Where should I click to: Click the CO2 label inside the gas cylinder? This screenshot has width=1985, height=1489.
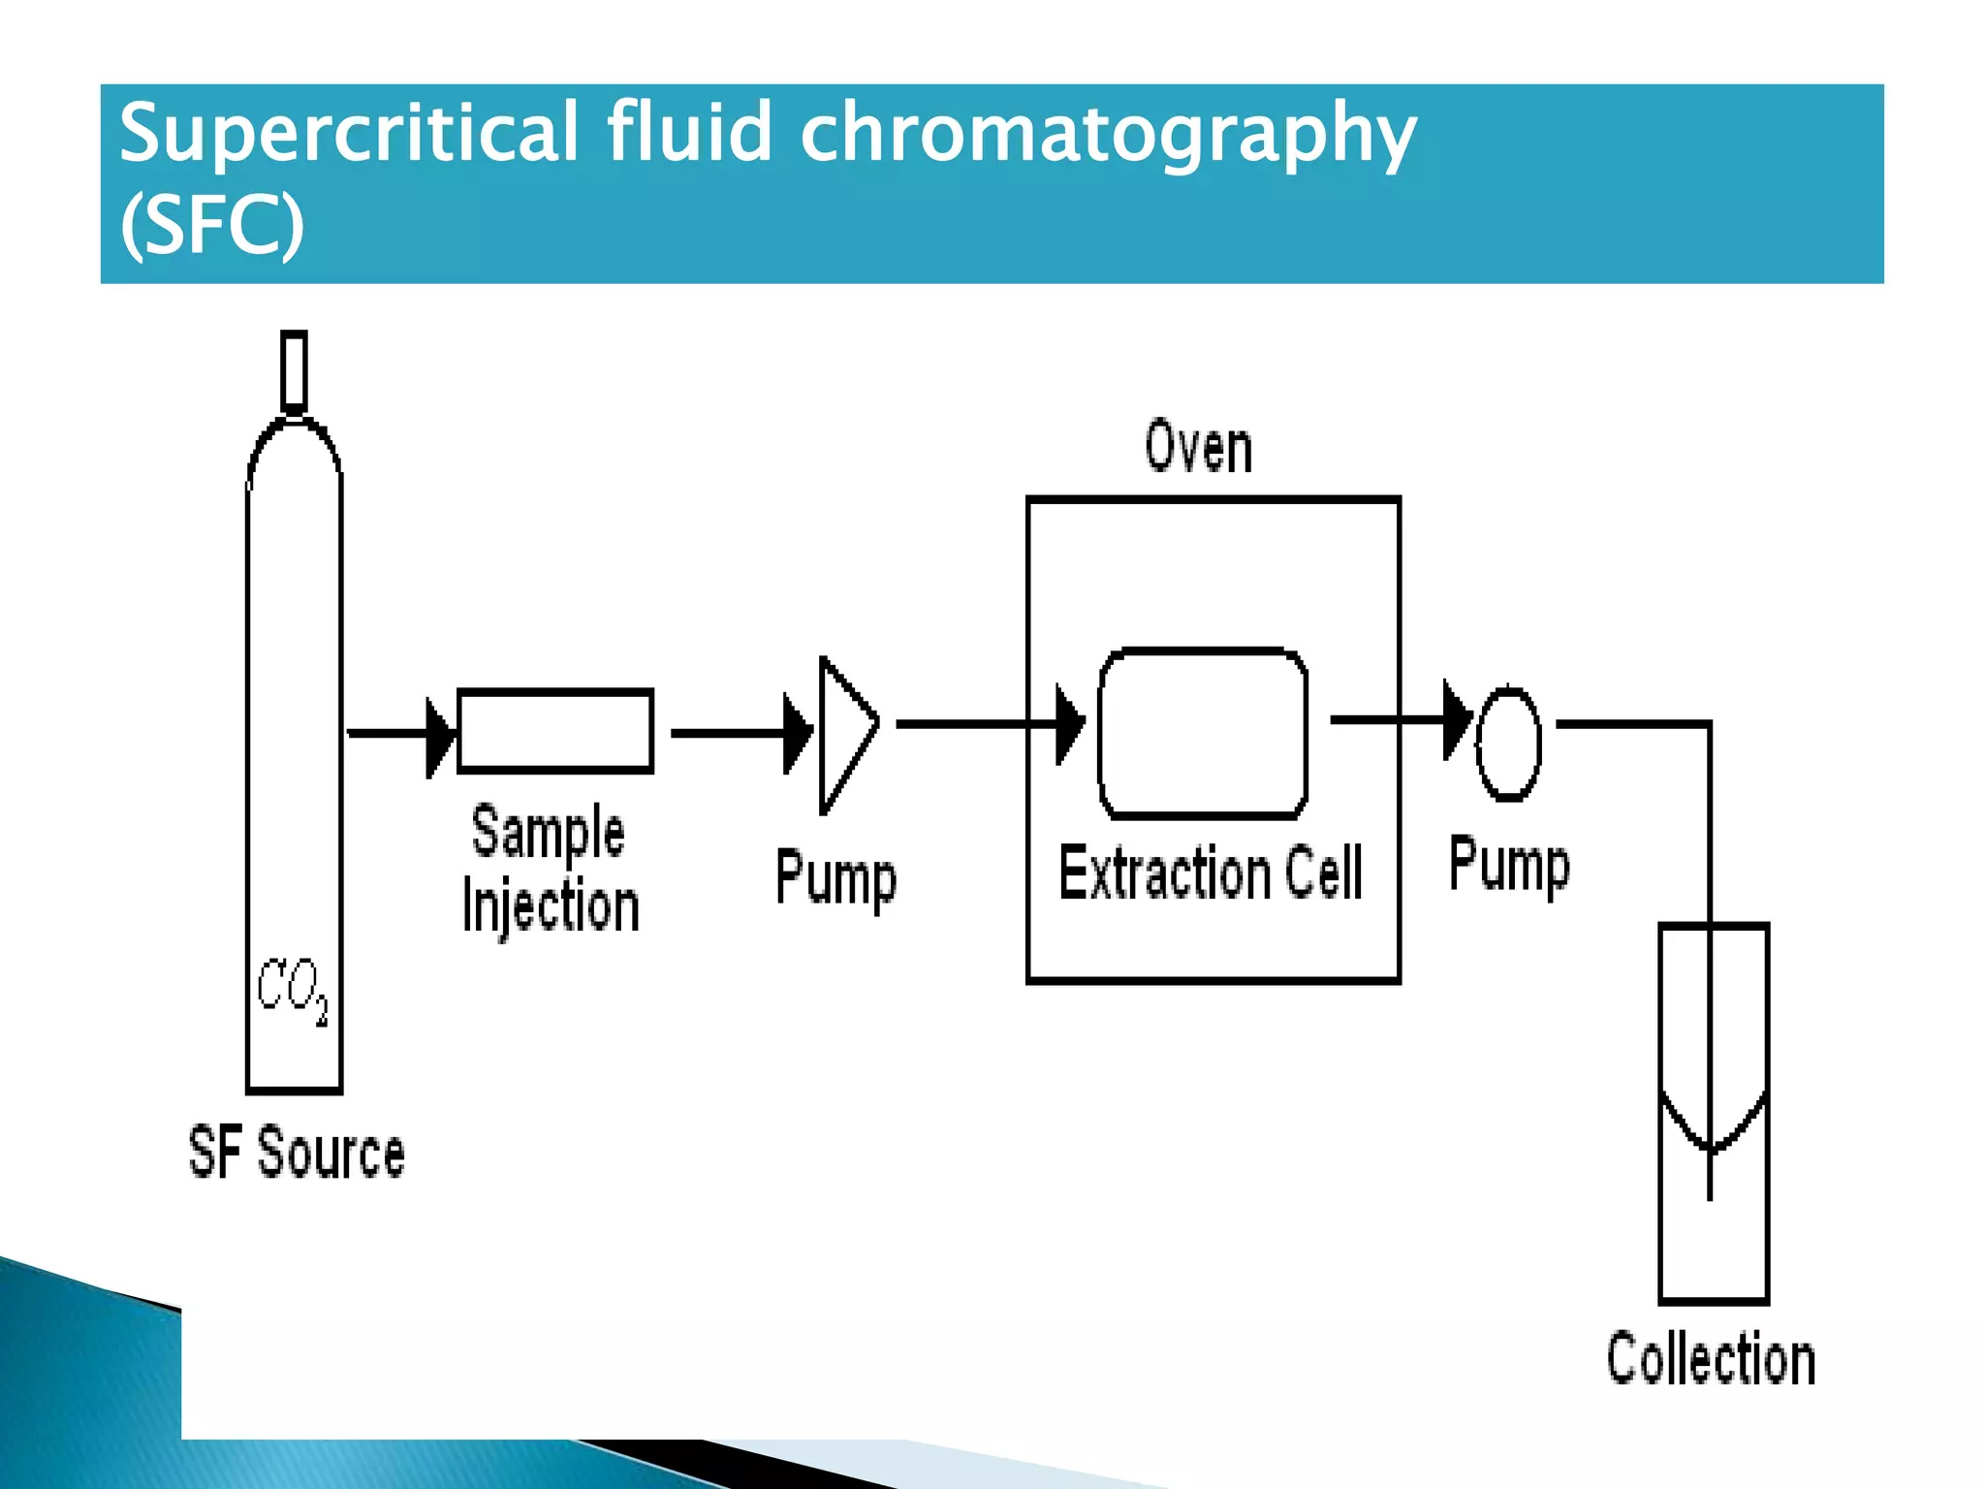292,989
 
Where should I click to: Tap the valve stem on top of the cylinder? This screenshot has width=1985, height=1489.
294,372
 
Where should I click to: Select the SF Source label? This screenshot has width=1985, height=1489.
296,1153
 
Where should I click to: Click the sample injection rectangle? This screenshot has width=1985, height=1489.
555,731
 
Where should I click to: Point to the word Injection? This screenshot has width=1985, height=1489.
551,906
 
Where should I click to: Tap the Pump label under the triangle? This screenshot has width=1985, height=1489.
835,878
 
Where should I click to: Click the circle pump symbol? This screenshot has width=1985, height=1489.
1508,744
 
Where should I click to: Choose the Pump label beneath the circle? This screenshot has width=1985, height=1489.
1509,865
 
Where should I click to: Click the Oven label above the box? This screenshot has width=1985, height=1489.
1198,448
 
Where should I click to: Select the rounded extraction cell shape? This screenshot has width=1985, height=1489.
1203,733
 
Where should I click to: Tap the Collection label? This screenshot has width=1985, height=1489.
1711,1359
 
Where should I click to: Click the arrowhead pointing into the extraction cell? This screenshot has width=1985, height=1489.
1069,725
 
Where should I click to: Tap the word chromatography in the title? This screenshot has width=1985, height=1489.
1108,133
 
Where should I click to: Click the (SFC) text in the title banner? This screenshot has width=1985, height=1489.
212,224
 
